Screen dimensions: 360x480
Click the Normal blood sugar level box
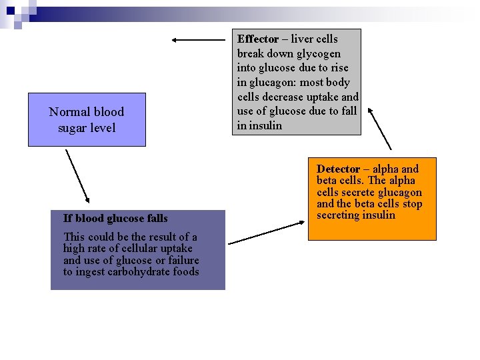[x=87, y=120]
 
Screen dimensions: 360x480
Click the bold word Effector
[x=257, y=39]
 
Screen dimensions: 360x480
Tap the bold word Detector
[x=338, y=169]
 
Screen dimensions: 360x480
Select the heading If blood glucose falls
[x=115, y=218]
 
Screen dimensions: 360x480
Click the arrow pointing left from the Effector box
[x=199, y=40]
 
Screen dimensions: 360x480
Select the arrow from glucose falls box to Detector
[x=265, y=232]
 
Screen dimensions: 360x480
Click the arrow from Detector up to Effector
[x=379, y=129]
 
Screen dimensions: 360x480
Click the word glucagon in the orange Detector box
[x=397, y=192]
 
